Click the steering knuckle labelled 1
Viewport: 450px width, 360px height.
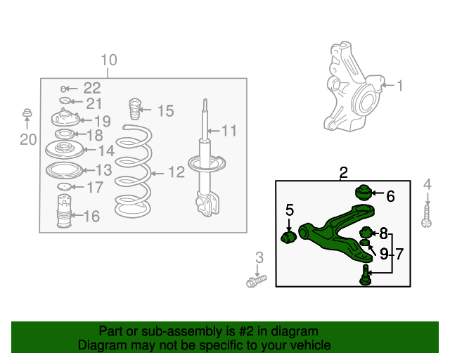tap(349, 91)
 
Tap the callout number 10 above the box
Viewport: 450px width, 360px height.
tap(108, 60)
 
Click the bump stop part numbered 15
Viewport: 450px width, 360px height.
tap(133, 110)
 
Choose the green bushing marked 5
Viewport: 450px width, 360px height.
tap(288, 236)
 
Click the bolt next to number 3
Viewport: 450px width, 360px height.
tap(255, 282)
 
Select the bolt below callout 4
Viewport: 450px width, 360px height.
tap(426, 216)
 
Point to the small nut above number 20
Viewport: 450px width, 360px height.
tap(27, 113)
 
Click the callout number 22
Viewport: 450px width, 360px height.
tap(92, 88)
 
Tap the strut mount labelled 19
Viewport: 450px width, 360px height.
tap(65, 119)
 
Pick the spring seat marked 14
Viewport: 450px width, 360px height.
tap(63, 150)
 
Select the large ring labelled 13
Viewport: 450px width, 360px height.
tap(63, 170)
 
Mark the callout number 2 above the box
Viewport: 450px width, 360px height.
tap(343, 172)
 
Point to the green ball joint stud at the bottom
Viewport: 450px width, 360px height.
tap(366, 275)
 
